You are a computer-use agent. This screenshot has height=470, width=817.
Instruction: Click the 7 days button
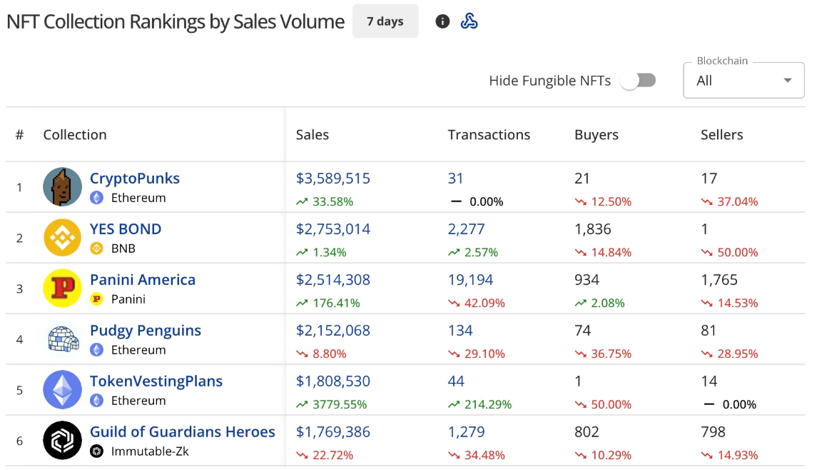[385, 21]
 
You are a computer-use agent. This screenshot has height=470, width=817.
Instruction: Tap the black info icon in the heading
[442, 21]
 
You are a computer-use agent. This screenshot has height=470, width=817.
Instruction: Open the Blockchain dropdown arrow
[788, 81]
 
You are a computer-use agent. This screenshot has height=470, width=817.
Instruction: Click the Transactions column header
[489, 134]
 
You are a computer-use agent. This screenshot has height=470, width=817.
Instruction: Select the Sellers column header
[721, 134]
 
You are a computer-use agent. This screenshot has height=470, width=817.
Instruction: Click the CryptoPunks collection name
[135, 179]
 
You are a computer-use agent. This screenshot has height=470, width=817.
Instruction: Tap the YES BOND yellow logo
[63, 237]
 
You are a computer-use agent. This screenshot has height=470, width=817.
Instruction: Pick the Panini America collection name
[143, 280]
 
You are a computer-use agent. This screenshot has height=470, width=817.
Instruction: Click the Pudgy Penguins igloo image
[63, 339]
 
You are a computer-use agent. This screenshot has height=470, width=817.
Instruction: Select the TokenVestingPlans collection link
[156, 381]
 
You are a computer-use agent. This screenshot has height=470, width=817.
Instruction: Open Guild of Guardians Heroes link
[182, 432]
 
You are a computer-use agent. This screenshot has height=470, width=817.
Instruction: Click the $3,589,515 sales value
[333, 179]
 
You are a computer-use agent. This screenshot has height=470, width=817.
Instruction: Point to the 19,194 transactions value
[470, 280]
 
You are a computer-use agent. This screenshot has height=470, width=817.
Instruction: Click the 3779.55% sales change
[339, 404]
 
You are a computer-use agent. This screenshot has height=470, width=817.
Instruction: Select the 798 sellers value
[713, 432]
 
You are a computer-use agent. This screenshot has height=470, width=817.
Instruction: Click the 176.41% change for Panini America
[336, 303]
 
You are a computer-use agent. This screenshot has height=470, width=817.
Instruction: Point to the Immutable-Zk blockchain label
[150, 451]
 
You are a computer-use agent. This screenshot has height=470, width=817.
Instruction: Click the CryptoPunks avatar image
[63, 186]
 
